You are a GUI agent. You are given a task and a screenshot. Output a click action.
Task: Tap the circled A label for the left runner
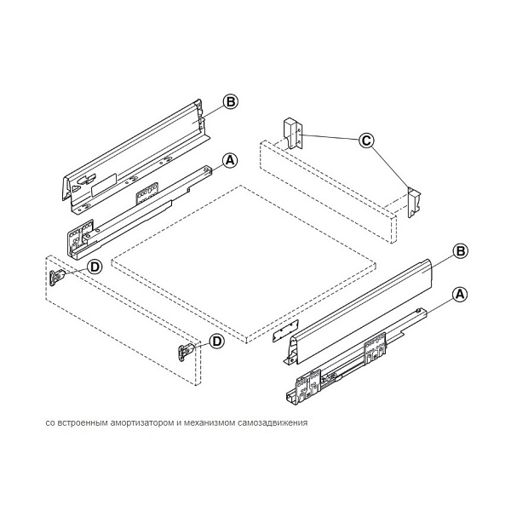tap(229, 159)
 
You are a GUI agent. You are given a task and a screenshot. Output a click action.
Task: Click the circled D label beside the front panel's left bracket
tap(95, 267)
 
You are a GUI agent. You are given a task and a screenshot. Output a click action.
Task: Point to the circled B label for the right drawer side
tap(459, 251)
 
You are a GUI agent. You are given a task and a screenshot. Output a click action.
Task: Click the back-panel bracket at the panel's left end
tap(290, 132)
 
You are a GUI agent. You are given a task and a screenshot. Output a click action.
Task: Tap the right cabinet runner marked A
tap(349, 362)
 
